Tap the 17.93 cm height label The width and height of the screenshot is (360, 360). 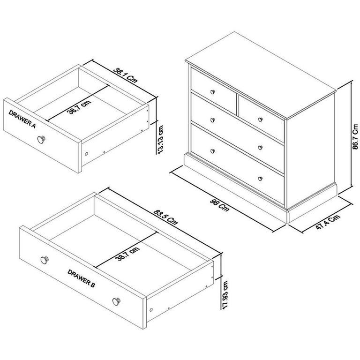tap(226, 294)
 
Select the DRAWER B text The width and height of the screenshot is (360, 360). tap(81, 278)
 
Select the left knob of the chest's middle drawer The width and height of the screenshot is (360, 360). tap(212, 120)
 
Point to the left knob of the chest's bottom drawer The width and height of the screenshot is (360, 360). tap(212, 151)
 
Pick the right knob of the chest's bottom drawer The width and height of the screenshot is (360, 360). tap(261, 178)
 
